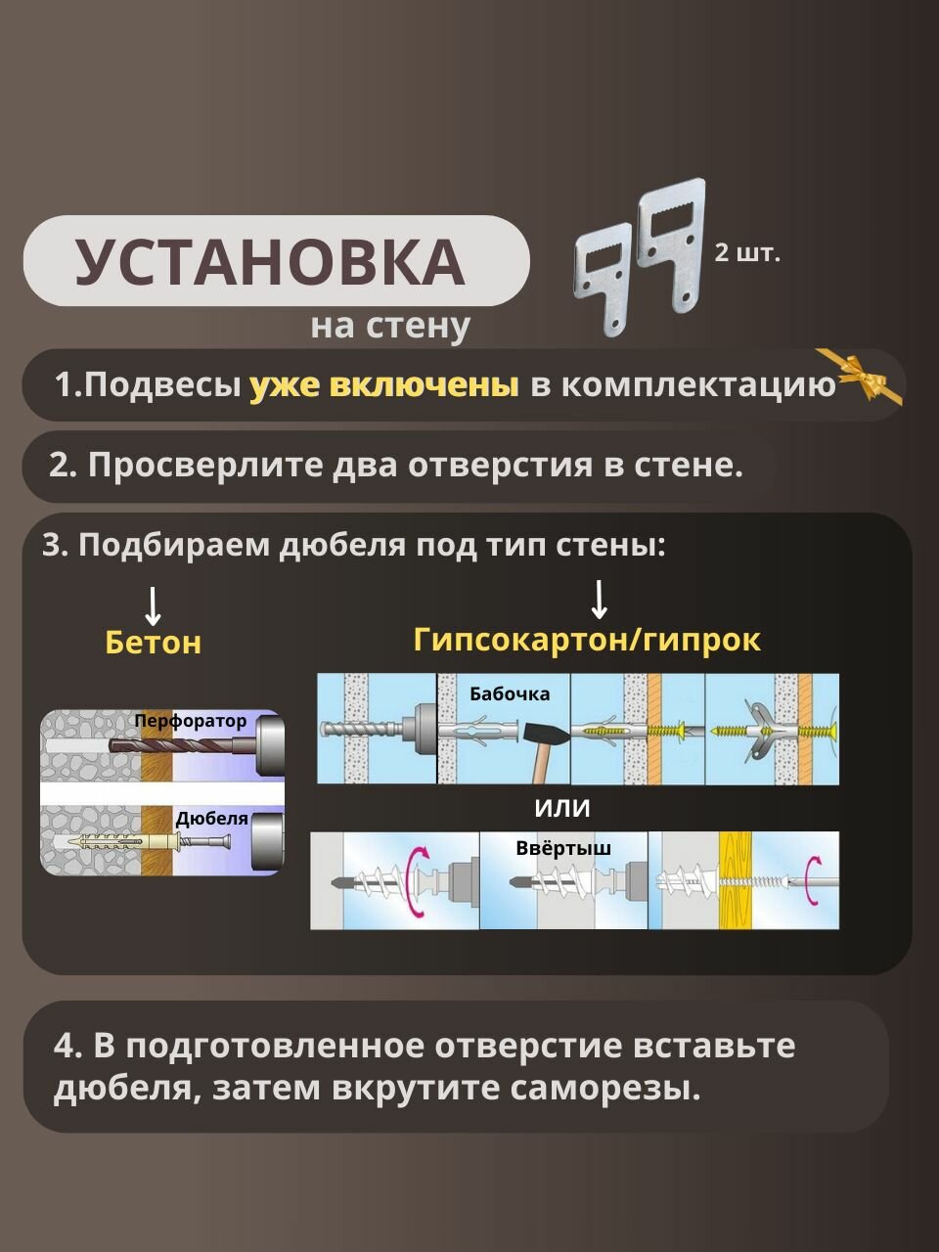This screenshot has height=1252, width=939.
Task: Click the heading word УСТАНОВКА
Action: click(270, 261)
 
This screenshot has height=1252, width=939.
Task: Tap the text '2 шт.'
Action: click(747, 253)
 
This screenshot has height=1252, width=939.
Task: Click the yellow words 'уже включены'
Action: click(383, 385)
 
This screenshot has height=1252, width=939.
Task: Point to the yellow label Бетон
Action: click(153, 643)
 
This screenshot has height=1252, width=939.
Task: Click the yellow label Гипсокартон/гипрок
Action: click(587, 640)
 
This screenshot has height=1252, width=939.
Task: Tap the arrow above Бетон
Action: click(153, 605)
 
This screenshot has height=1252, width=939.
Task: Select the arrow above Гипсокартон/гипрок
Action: click(599, 599)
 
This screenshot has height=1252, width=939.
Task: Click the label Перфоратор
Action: click(191, 722)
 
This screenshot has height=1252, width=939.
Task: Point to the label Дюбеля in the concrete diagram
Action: click(211, 819)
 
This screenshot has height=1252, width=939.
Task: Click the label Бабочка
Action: click(510, 694)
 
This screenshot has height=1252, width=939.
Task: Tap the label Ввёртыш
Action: click(563, 847)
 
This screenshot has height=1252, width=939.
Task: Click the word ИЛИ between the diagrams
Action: click(562, 809)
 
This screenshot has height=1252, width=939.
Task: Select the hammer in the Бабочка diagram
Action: click(535, 741)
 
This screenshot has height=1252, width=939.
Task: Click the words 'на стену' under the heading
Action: click(390, 326)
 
